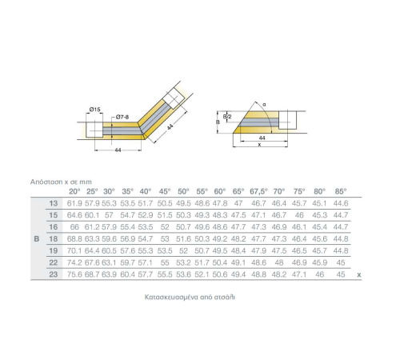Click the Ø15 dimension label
(95, 110)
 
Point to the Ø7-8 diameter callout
(122, 117)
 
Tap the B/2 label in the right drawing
(227, 117)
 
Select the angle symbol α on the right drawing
(264, 105)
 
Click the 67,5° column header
(258, 191)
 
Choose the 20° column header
(74, 191)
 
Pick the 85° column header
(341, 191)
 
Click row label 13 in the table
(54, 203)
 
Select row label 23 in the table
(54, 274)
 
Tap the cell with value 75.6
(74, 274)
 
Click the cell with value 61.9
(74, 203)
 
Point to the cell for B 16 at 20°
(74, 227)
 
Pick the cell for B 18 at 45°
(165, 238)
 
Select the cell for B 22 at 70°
(279, 262)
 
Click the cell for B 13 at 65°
(238, 203)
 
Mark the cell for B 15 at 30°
(109, 215)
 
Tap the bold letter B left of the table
(37, 239)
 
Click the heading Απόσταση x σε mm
(61, 182)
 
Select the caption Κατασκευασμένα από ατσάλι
(190, 297)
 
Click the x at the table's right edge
(359, 274)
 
